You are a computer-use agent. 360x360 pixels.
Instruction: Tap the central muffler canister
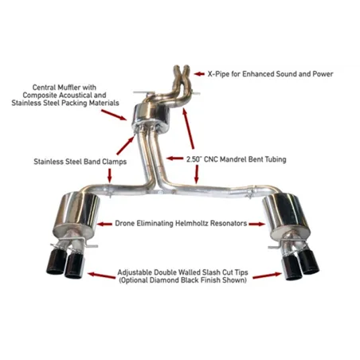(x=151, y=118)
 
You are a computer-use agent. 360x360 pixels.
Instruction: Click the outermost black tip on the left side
(x=57, y=261)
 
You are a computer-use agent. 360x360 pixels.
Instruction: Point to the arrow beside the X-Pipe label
(x=199, y=74)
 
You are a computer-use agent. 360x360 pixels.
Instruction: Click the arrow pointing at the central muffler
(x=114, y=115)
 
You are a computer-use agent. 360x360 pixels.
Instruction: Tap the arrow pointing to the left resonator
(x=104, y=224)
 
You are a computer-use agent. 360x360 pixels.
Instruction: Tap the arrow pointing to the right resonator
(x=257, y=224)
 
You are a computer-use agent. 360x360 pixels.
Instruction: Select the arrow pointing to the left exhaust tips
(x=101, y=276)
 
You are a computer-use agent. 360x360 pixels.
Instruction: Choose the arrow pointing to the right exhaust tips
(x=267, y=276)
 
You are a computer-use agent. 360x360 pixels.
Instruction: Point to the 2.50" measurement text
(x=194, y=159)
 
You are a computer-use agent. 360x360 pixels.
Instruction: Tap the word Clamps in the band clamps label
(x=115, y=162)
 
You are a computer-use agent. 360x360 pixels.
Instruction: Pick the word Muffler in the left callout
(x=68, y=88)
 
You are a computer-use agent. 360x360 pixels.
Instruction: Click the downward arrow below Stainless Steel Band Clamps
(x=110, y=175)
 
